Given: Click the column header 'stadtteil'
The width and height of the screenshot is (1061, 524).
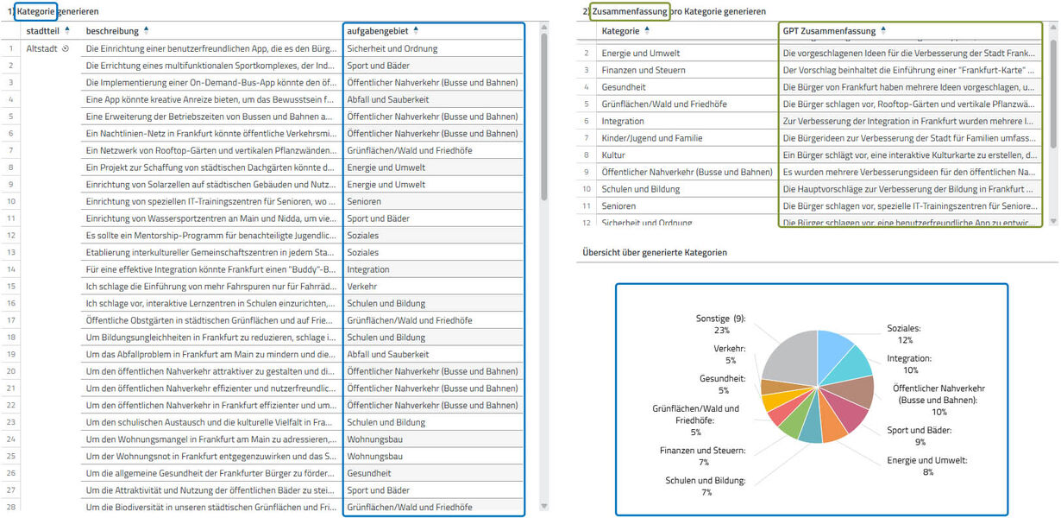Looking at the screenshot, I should (x=43, y=31).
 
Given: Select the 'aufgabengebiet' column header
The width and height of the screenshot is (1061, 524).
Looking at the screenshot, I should (x=378, y=31).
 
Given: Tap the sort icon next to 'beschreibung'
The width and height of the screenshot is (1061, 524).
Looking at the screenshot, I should (x=146, y=30).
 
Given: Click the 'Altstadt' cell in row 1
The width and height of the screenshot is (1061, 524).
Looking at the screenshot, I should (x=42, y=48).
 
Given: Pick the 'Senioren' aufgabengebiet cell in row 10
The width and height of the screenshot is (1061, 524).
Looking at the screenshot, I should (x=366, y=201).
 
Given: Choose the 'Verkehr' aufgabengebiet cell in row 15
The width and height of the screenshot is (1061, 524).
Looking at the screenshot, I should (x=361, y=287).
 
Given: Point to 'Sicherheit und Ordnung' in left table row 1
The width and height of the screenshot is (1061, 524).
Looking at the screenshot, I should (x=392, y=48).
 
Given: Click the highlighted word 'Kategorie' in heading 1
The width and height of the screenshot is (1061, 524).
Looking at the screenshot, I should (x=35, y=12).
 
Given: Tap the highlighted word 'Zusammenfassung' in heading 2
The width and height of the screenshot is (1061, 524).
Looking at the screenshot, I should (x=630, y=12).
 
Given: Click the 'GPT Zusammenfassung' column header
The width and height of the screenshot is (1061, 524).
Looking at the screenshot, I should (x=827, y=31).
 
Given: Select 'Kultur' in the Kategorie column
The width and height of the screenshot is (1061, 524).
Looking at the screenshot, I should (x=614, y=155).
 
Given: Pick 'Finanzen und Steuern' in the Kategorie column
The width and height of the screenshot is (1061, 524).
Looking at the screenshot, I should (x=644, y=70).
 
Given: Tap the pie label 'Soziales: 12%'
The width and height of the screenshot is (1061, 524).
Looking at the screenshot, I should (x=904, y=334).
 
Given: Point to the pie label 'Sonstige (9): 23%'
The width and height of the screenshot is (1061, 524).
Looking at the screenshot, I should (x=721, y=324).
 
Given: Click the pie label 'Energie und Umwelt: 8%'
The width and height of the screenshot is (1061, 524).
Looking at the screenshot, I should (x=927, y=466).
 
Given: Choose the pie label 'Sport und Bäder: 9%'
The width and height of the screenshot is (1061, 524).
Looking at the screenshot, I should (x=920, y=436).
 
